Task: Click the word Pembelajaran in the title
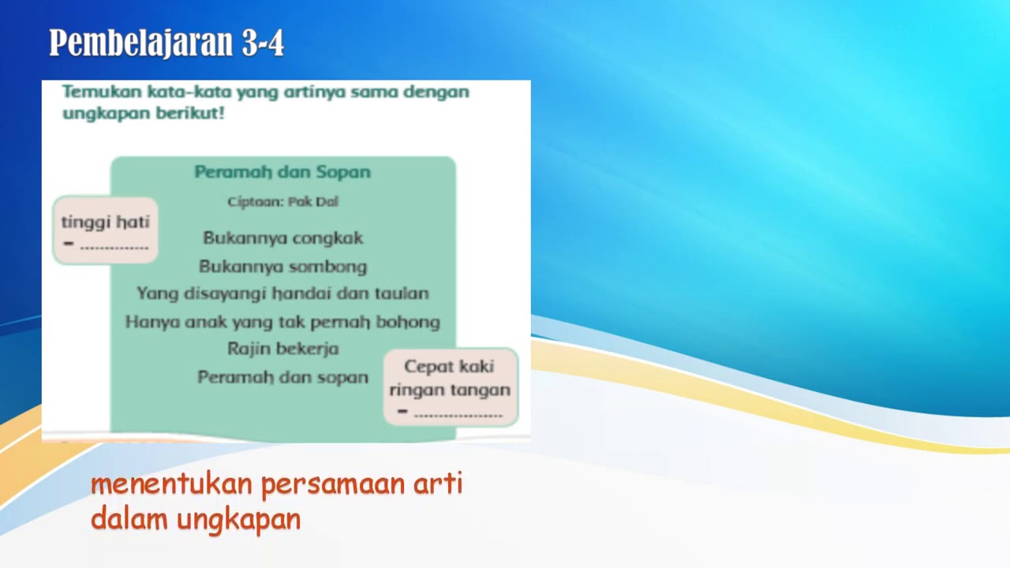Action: (140, 43)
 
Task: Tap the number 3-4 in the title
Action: (263, 43)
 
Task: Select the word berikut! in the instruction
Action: (190, 113)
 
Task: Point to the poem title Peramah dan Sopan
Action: (282, 172)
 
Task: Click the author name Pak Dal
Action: (313, 201)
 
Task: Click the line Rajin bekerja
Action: (282, 349)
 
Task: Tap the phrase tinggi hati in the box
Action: (106, 222)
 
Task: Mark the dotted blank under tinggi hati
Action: (114, 248)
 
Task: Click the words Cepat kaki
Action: (449, 367)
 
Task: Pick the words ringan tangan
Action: (450, 390)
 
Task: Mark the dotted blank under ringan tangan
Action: (458, 416)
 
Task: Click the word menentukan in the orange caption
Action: (171, 484)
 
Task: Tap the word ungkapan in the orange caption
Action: (238, 520)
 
